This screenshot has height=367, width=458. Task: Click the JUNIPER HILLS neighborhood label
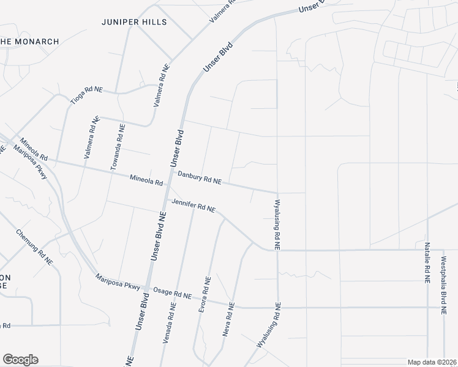pos(134,22)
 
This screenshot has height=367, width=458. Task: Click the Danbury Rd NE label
pos(199,178)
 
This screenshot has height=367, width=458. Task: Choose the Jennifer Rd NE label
pos(193,205)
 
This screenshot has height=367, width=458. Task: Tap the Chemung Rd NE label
pos(34,247)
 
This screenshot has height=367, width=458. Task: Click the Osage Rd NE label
pos(173,293)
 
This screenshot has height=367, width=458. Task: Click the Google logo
pos(20,360)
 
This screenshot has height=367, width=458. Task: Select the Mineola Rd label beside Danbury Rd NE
pos(146,180)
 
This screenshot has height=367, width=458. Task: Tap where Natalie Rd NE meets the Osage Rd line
pos(427,307)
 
